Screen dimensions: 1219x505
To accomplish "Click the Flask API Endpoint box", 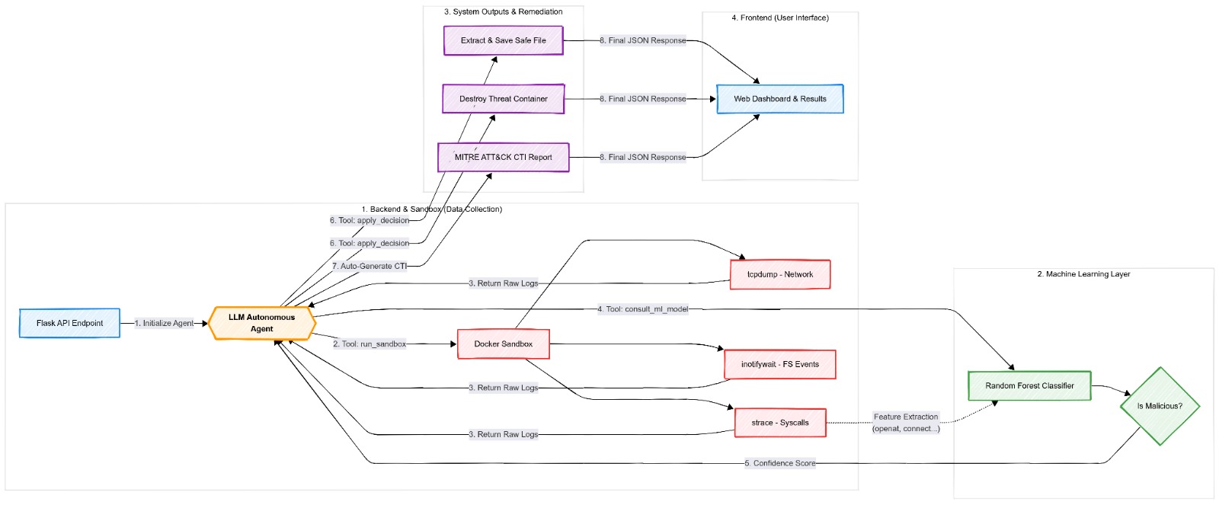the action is click(69, 323).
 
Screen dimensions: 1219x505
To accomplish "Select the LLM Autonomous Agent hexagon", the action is click(262, 323).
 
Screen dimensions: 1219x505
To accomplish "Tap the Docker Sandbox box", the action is click(504, 344).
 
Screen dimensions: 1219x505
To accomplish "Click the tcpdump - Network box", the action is click(780, 274).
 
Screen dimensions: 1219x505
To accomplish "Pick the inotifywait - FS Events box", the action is click(780, 364).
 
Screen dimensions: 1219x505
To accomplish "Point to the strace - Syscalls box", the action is click(780, 423).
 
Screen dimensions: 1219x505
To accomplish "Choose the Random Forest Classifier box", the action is click(1029, 386).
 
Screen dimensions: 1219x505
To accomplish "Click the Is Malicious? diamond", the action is click(1160, 406).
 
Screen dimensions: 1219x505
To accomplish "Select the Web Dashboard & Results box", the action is click(780, 99).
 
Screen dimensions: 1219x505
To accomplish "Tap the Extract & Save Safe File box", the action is click(504, 40).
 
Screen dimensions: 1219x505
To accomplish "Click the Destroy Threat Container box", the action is click(504, 99).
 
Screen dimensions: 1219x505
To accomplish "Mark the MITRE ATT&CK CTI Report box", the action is click(504, 157).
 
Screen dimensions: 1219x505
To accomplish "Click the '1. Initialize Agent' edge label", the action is click(164, 323).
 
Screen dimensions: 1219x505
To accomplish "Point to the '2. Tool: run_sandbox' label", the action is click(370, 344).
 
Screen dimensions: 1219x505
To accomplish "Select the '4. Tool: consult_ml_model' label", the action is click(643, 309).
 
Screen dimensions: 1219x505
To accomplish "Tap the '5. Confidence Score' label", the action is click(780, 463).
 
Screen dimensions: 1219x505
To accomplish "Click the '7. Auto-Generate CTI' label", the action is click(370, 266).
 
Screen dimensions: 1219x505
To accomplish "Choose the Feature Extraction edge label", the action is click(906, 423).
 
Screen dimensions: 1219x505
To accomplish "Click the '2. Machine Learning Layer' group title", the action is click(1083, 274).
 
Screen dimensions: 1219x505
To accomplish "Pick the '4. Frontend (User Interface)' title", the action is click(780, 18).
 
